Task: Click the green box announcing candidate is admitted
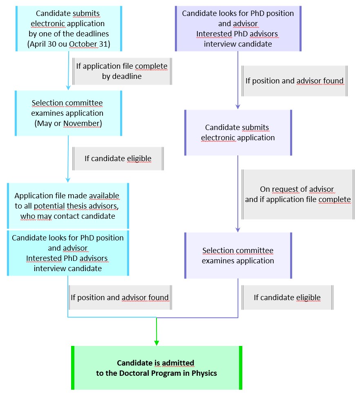(x=157, y=368)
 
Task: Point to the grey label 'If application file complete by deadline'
(x=122, y=71)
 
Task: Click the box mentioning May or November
(x=68, y=113)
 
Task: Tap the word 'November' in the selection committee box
(x=83, y=123)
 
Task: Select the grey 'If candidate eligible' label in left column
(x=118, y=158)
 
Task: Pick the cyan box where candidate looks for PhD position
(x=68, y=253)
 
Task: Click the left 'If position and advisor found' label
(x=119, y=298)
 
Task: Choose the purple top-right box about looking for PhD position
(x=238, y=29)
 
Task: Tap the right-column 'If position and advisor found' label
(x=294, y=81)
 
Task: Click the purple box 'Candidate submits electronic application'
(x=238, y=132)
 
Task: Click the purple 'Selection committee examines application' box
(x=238, y=256)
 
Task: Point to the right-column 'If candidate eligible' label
(x=287, y=297)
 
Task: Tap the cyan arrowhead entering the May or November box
(x=68, y=87)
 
